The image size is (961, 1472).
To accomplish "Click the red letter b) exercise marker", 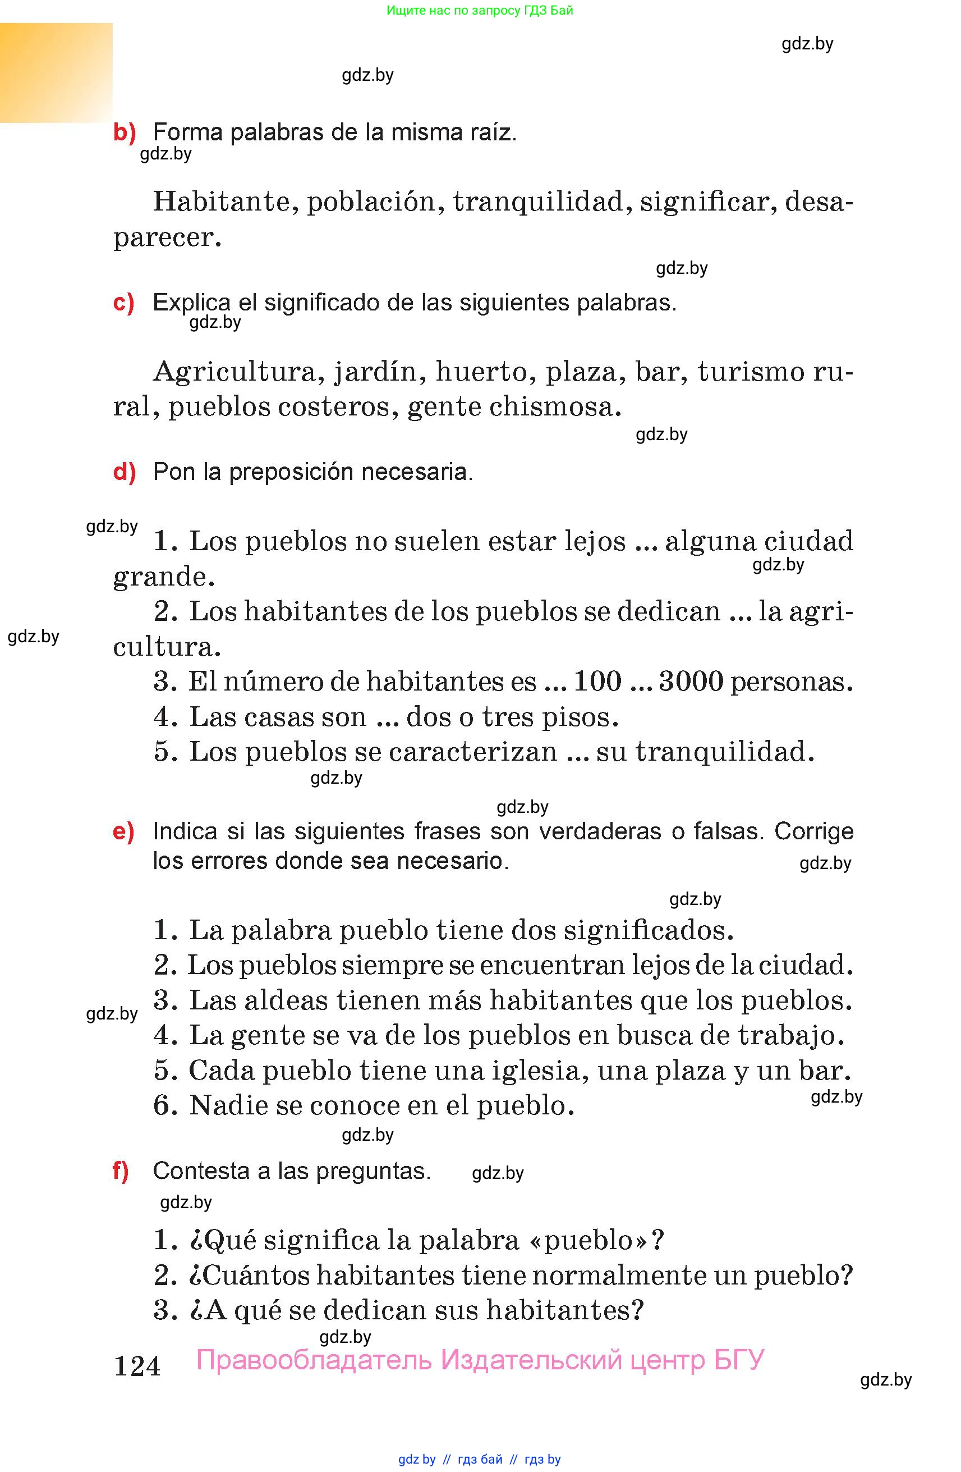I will click(x=124, y=133).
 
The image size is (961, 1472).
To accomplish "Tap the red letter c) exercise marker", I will click(x=123, y=303).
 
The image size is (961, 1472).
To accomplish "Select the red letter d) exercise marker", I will click(x=124, y=473).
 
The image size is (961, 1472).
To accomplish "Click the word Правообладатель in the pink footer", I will click(x=314, y=1361).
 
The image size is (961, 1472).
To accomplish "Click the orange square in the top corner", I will click(x=56, y=72).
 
